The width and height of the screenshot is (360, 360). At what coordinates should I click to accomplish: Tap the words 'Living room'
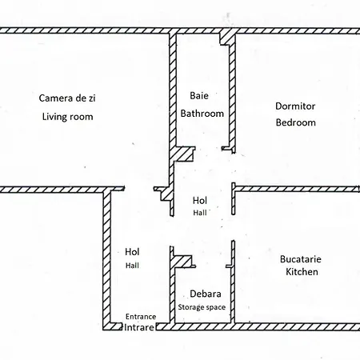(x=67, y=117)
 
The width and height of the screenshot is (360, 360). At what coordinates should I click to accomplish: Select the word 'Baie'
(x=199, y=95)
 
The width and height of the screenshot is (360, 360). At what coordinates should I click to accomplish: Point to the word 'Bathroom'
(x=202, y=114)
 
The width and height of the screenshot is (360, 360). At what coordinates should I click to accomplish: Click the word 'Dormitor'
(x=295, y=106)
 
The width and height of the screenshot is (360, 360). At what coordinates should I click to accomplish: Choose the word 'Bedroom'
(x=295, y=123)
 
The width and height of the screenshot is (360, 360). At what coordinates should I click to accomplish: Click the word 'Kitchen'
(x=302, y=273)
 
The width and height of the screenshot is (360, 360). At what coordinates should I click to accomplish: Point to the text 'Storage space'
(x=202, y=307)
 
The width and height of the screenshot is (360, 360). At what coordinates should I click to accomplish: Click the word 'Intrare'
(x=138, y=327)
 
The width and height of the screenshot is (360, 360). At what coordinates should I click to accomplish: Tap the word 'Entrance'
(x=141, y=316)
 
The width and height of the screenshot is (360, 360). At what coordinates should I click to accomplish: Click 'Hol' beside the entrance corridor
(x=132, y=252)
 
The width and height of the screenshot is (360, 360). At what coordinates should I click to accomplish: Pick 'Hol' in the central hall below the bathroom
(x=200, y=200)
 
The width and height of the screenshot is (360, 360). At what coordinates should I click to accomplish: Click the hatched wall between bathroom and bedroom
(x=232, y=96)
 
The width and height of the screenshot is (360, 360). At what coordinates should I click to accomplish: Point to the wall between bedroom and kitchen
(x=296, y=189)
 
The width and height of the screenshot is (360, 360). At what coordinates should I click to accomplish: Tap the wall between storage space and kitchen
(x=232, y=292)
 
